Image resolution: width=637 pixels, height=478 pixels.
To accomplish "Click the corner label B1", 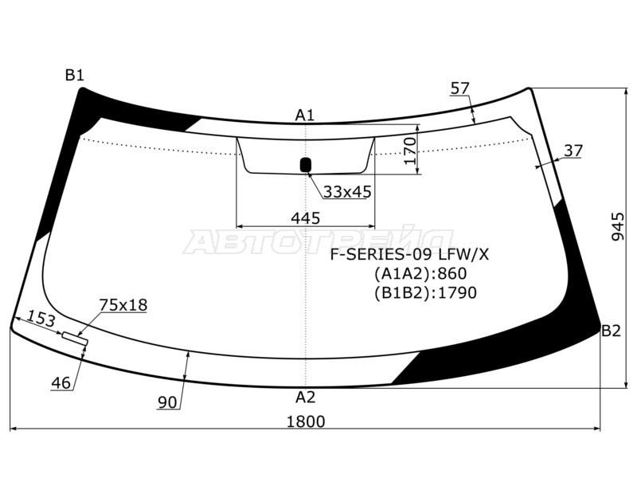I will click(74, 76).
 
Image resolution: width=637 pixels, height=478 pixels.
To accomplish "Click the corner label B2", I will click(610, 331).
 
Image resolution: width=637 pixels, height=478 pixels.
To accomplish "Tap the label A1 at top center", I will click(305, 116).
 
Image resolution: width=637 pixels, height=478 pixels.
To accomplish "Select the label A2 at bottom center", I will click(305, 397).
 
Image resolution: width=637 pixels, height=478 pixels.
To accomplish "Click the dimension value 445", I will click(305, 217).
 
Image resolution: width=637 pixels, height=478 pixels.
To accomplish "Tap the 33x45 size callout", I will click(347, 192).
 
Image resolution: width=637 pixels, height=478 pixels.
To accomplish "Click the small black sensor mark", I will click(305, 165).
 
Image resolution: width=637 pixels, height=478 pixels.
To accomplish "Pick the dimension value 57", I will click(459, 88).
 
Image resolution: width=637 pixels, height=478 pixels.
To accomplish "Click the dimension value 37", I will click(573, 151).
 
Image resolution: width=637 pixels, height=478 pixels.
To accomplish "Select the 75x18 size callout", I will click(123, 305).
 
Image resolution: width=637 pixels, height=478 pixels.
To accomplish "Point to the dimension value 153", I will click(41, 320).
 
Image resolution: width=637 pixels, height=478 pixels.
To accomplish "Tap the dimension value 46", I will click(61, 383).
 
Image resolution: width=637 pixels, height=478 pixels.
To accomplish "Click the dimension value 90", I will click(166, 402).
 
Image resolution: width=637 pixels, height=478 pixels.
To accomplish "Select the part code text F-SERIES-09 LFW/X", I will click(410, 255).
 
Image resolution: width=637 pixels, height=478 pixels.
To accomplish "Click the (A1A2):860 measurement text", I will click(420, 274).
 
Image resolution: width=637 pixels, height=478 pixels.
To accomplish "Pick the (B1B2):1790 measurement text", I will click(424, 293).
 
